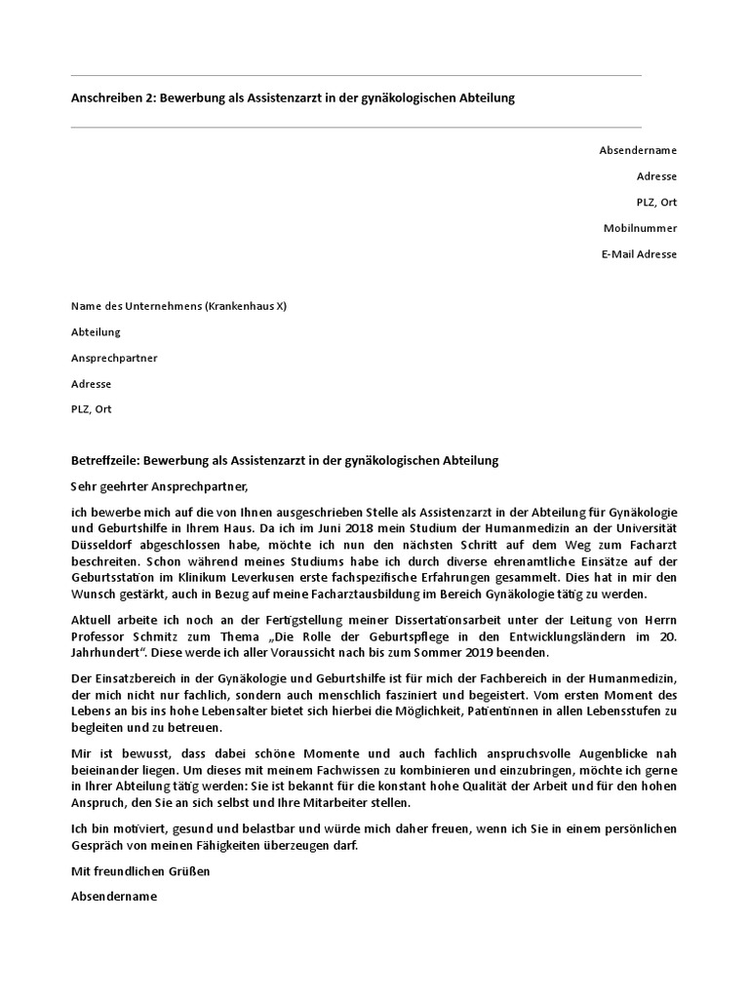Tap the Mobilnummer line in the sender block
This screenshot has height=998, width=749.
coord(640,228)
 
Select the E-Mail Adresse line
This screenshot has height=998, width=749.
coord(640,254)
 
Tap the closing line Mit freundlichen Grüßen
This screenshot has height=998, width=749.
coord(140,871)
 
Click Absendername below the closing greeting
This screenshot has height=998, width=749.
coord(114,897)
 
